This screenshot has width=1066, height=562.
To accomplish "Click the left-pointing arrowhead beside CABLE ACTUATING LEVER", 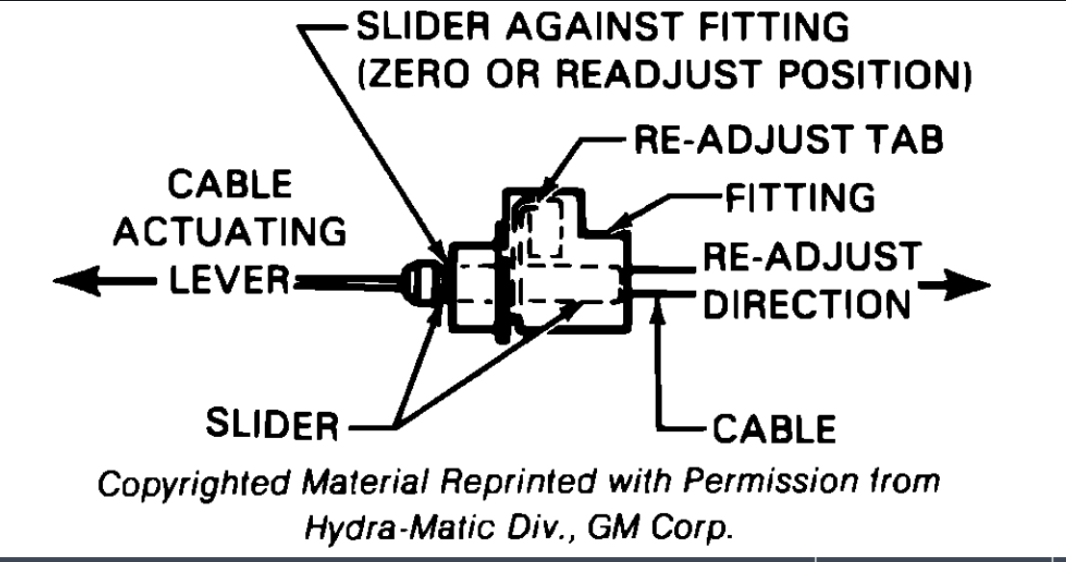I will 72,280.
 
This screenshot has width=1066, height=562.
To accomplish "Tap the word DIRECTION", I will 807,304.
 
